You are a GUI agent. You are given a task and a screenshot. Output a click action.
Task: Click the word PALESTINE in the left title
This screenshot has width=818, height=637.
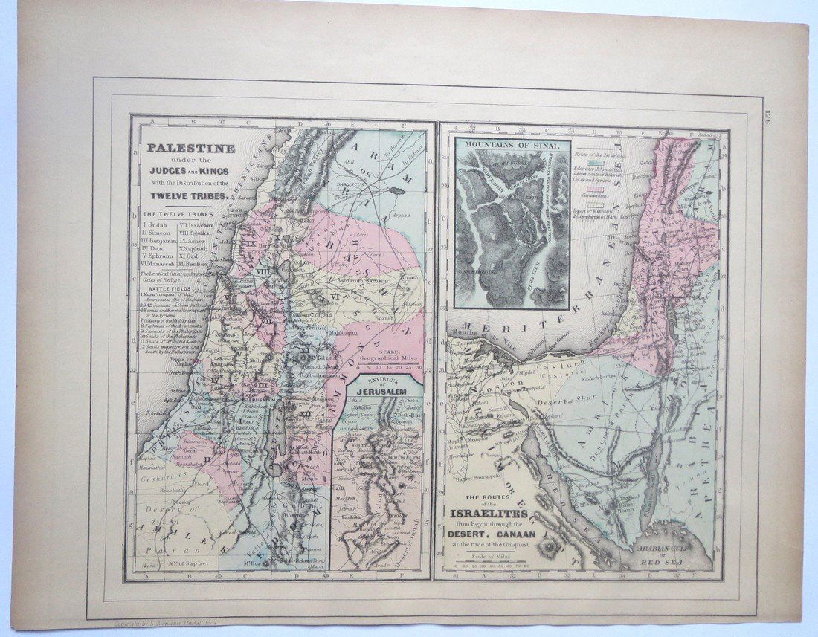tap(190, 148)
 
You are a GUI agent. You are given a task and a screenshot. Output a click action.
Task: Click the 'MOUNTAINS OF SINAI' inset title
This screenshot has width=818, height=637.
tap(512, 146)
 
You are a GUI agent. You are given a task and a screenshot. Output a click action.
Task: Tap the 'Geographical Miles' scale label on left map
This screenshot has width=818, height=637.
tap(387, 357)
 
